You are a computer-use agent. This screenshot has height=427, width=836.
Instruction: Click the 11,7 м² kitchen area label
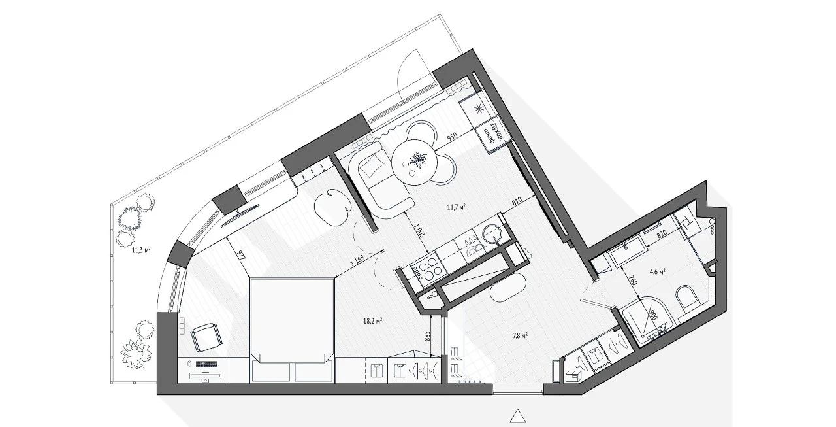pyautogui.click(x=456, y=207)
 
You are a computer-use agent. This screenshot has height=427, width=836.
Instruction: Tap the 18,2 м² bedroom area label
pyautogui.click(x=372, y=321)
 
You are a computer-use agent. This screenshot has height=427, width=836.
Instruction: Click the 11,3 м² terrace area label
pyautogui.click(x=142, y=250)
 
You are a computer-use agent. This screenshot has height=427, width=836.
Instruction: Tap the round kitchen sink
pyautogui.click(x=490, y=233)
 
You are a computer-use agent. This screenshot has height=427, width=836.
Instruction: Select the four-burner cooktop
pyautogui.click(x=425, y=270)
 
